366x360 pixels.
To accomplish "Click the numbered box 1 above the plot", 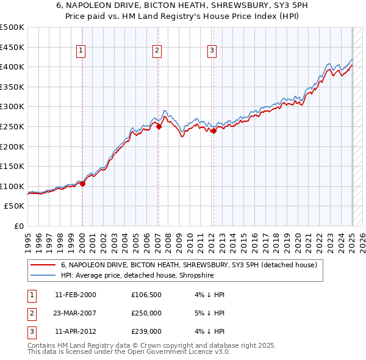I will (82, 51).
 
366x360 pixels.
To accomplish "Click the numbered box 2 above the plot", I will (157, 51).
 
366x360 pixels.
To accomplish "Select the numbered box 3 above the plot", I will (212, 51).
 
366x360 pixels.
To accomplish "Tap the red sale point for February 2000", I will (82, 184).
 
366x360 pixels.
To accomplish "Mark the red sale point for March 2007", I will (159, 127).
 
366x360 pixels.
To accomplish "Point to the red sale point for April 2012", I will (213, 131).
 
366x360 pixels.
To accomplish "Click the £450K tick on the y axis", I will (12, 47).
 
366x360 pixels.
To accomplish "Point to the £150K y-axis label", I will (12, 166).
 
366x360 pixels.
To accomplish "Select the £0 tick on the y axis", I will (18, 226).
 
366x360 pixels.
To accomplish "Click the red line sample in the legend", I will (43, 265).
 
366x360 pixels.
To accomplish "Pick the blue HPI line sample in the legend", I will (43, 275).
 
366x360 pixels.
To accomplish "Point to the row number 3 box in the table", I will (30, 331).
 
